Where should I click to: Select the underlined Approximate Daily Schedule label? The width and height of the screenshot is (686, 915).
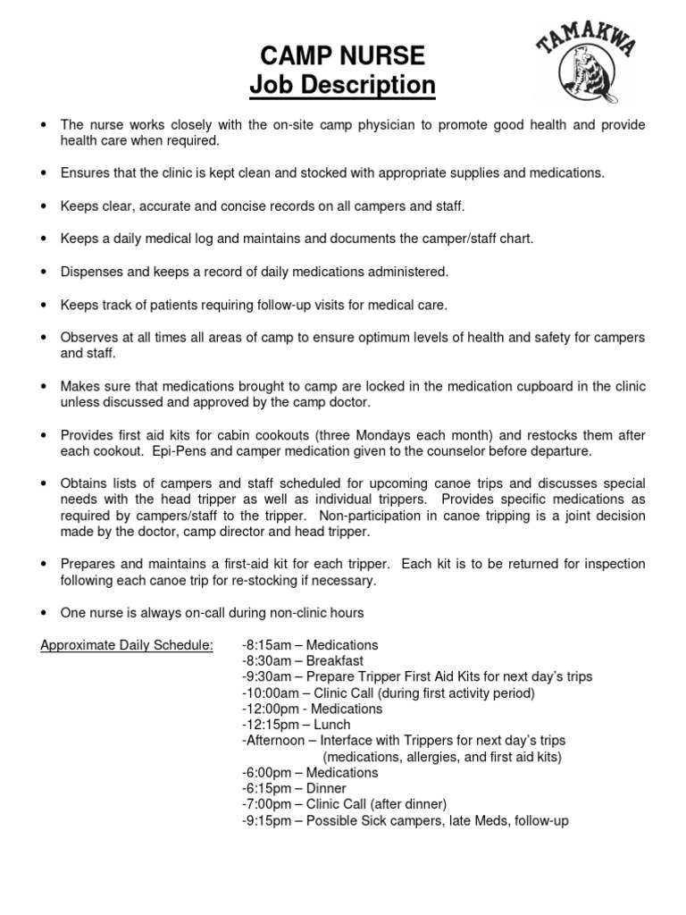127,645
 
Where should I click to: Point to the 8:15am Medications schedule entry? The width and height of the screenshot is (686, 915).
310,645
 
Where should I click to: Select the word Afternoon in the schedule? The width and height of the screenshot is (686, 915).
272,741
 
